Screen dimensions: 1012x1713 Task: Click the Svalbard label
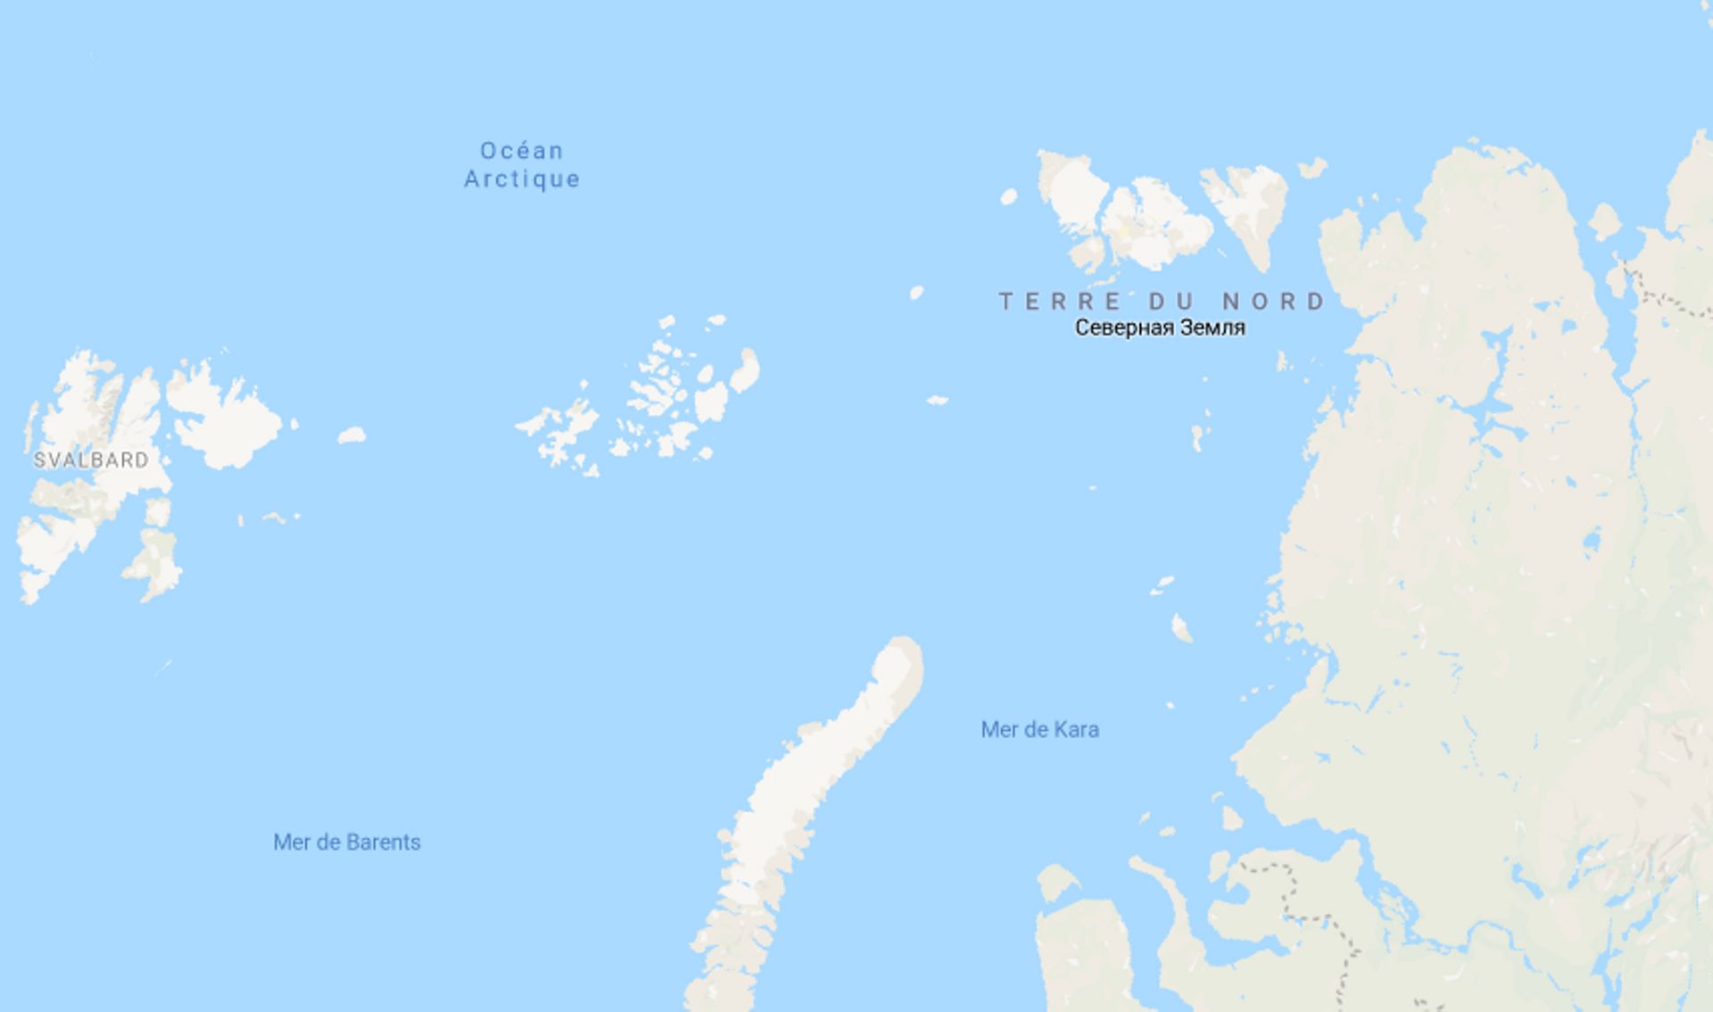click(91, 460)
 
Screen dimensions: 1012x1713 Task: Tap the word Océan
click(522, 151)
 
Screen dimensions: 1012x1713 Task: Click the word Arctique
click(522, 179)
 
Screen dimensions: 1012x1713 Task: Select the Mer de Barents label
click(346, 842)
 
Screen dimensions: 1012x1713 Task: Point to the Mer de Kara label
click(1039, 730)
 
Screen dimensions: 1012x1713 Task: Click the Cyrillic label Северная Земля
click(1159, 328)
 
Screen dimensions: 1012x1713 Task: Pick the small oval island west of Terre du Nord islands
click(1009, 196)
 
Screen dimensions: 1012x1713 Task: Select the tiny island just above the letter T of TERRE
click(916, 292)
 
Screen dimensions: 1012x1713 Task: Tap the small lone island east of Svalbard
click(352, 435)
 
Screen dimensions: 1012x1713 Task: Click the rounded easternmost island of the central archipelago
click(745, 370)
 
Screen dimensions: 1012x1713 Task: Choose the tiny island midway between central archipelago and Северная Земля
click(937, 401)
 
